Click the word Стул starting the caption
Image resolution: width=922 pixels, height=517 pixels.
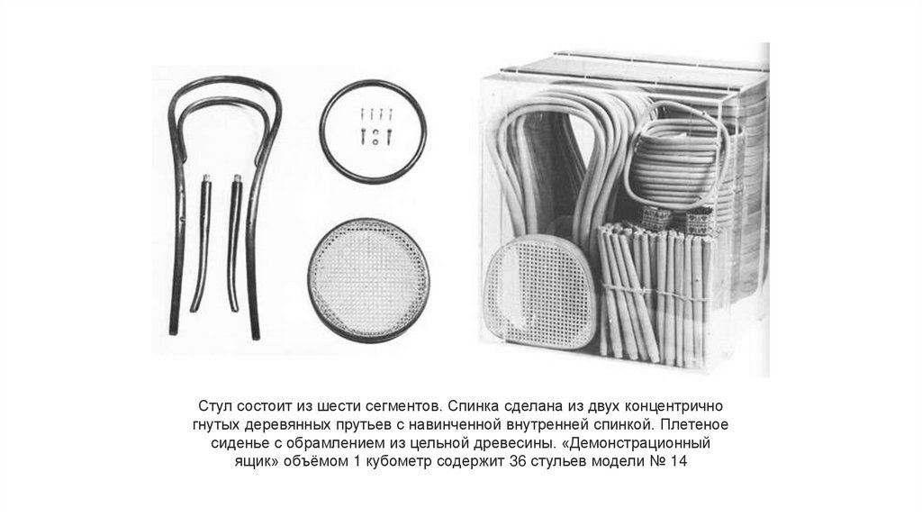[x=213, y=406]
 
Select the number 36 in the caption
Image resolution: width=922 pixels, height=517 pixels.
[x=518, y=460]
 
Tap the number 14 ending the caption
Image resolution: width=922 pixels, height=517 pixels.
[x=678, y=460]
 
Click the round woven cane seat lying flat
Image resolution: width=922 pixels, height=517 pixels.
[x=367, y=281]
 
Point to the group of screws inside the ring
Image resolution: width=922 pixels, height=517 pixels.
[x=376, y=124]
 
